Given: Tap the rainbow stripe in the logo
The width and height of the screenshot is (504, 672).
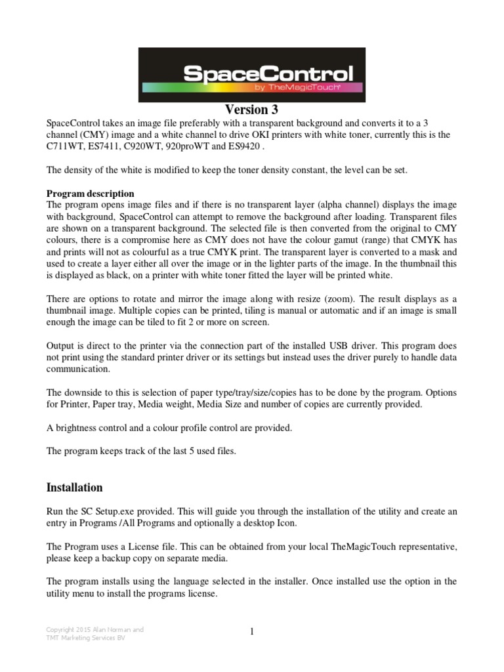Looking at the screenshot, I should pos(197,87).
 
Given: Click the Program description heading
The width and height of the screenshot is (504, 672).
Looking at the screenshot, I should pos(91,194).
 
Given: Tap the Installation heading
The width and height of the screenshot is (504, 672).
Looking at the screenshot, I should pos(74,488).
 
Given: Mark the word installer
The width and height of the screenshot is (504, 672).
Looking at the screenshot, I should pos(295,582).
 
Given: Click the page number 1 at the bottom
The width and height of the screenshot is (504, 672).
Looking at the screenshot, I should pos(252,631).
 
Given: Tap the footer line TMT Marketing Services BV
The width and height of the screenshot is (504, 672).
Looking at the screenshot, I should pos(84,638).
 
